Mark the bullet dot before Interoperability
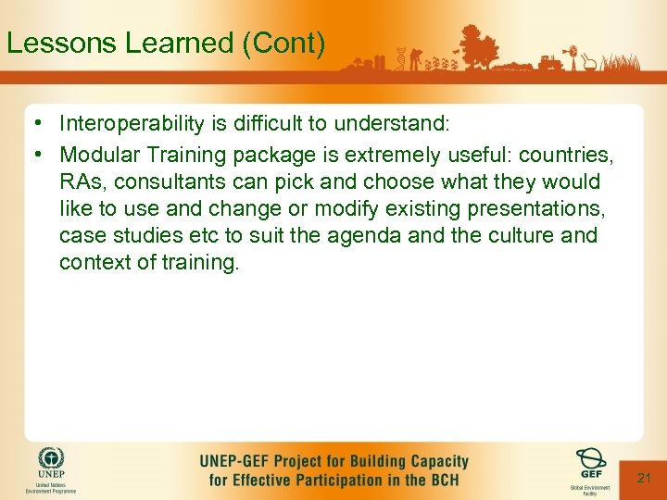[x=32, y=124]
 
